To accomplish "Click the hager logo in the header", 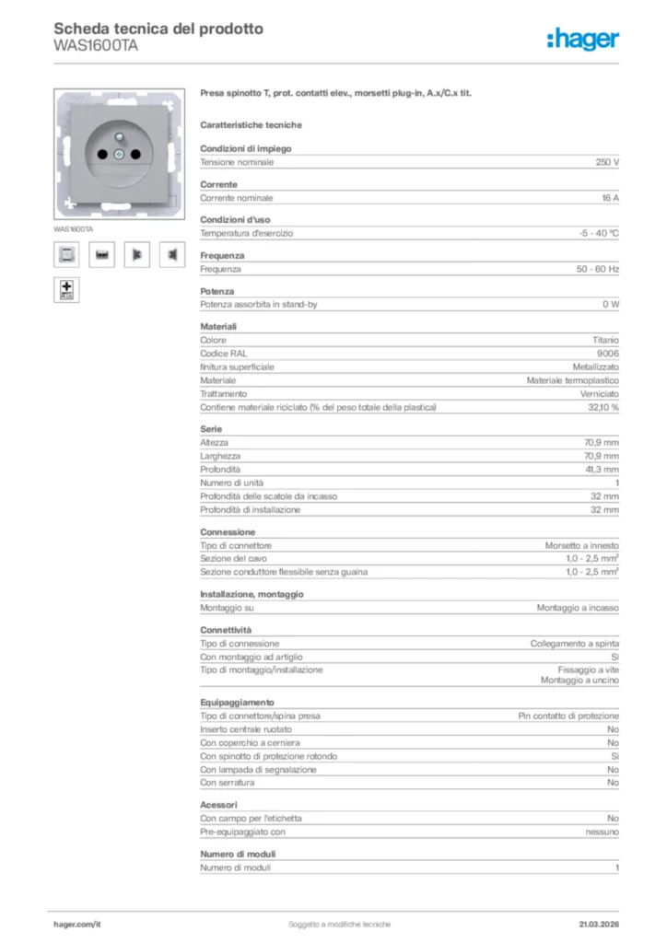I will coord(582,39).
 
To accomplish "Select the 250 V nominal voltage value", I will coord(607,162).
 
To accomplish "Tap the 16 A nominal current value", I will coord(610,198).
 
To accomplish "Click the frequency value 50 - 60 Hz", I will coord(598,269).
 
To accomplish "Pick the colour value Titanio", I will coord(604,340).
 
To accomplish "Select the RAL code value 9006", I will coord(607,354).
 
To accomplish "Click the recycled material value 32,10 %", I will coord(603,407).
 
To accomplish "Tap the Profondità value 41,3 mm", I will coord(601,470).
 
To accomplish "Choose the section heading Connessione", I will coord(228,532).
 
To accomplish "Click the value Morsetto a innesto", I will coord(581,545).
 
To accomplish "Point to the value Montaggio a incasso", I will coord(578,608).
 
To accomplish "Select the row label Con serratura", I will coord(228,783).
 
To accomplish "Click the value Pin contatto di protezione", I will coord(568,716).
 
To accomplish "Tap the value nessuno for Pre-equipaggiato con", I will coord(602,832).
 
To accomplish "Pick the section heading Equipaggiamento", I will coord(237,703).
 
